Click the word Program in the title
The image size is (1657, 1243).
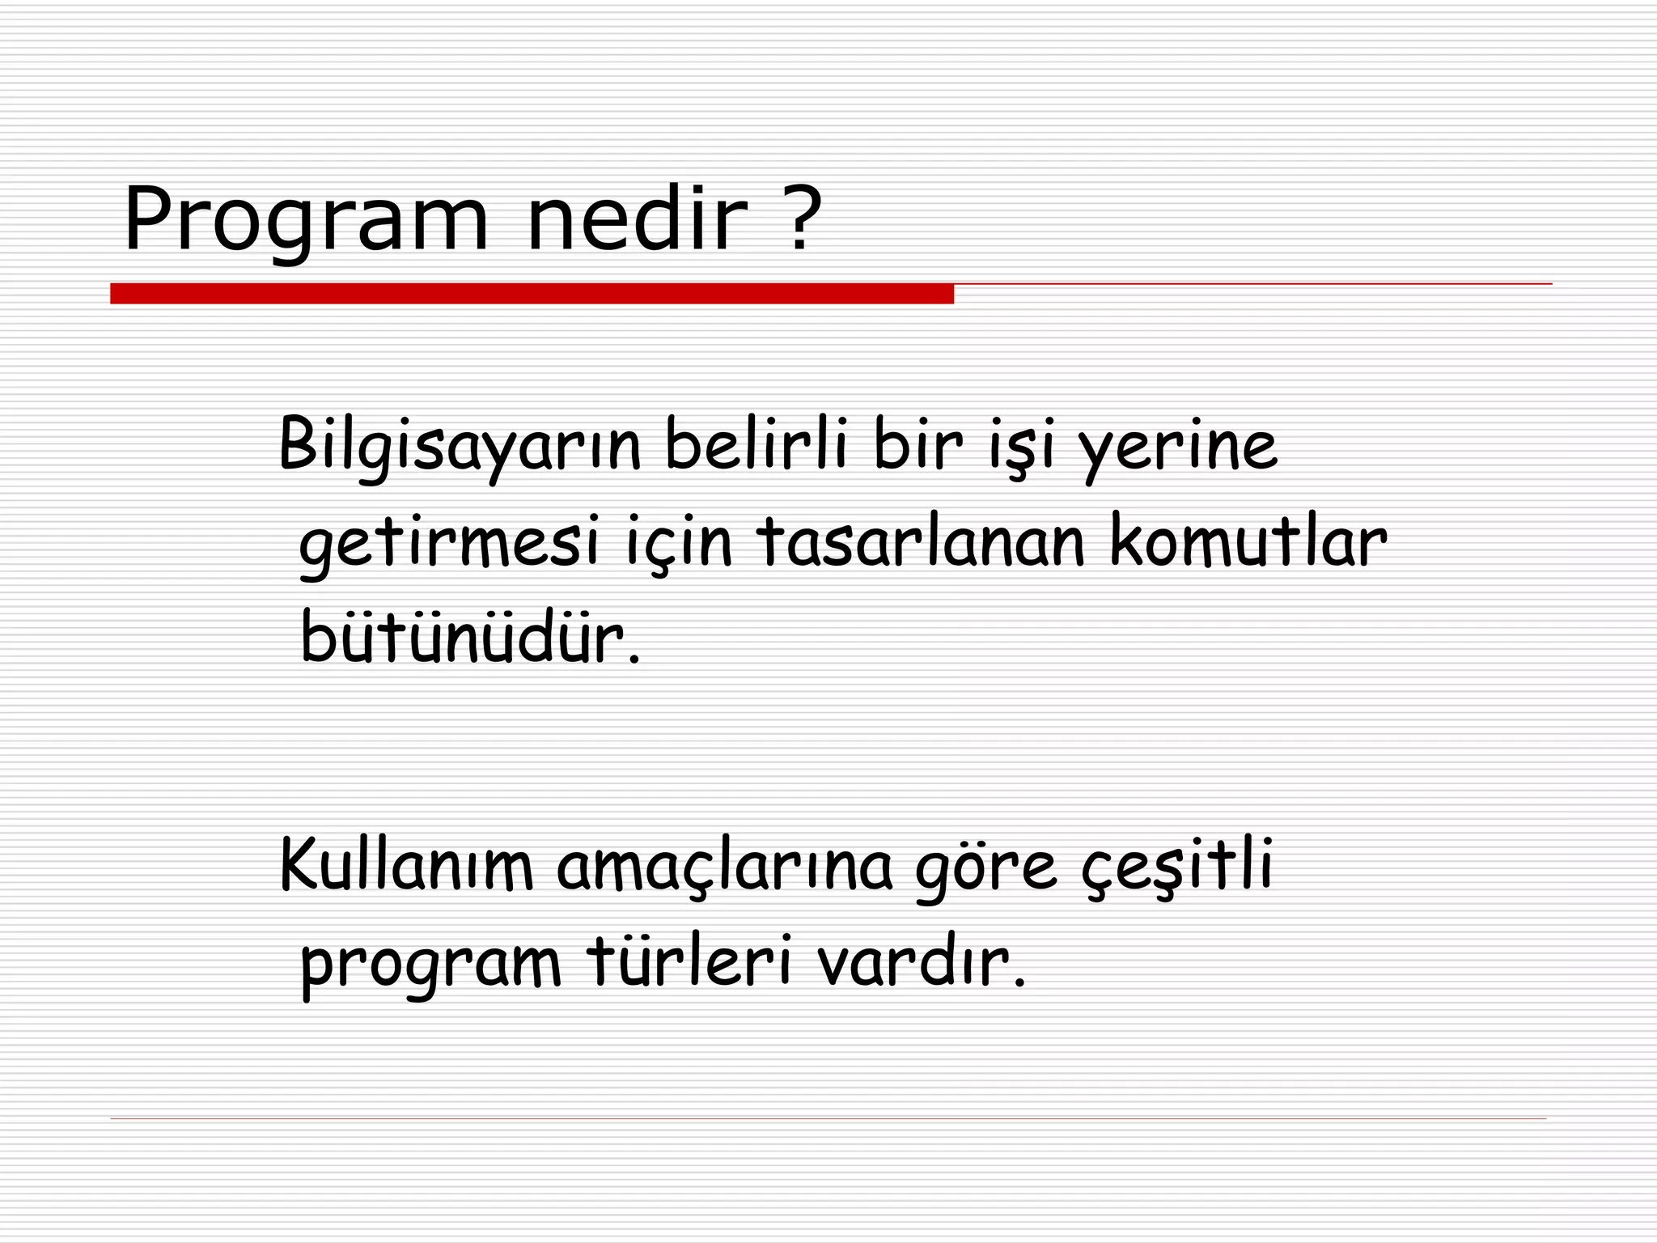[306, 220]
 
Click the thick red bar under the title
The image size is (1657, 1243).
[532, 294]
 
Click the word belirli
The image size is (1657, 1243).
[756, 444]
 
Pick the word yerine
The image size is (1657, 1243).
[1180, 448]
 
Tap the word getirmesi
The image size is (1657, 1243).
[450, 543]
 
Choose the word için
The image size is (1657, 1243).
[679, 543]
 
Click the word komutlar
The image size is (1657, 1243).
[1248, 541]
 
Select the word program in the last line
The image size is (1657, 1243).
[431, 967]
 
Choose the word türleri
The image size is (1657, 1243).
[689, 962]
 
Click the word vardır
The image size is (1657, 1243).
[921, 962]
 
